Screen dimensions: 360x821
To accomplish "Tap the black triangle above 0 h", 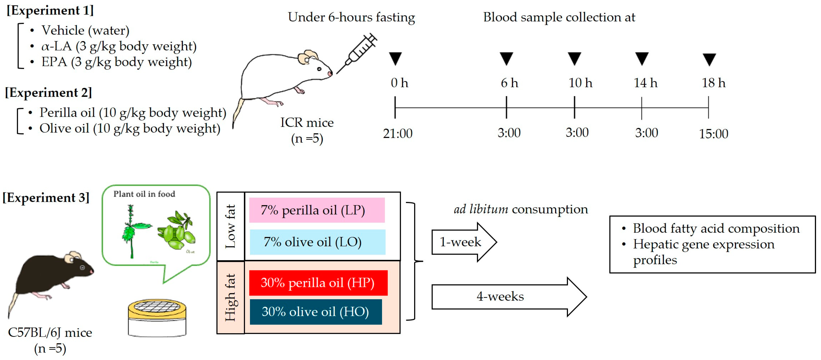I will pyautogui.click(x=395, y=58).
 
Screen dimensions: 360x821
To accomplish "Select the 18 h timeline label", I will pyautogui.click(x=713, y=83).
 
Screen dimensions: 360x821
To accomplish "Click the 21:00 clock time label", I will pyautogui.click(x=397, y=133).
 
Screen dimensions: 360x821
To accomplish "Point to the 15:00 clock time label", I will pyautogui.click(x=713, y=134).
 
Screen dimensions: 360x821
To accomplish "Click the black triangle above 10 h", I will pyautogui.click(x=574, y=58).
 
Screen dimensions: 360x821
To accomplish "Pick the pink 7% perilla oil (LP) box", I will pyautogui.click(x=317, y=210).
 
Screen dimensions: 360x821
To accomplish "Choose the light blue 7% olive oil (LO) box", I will pyautogui.click(x=318, y=242).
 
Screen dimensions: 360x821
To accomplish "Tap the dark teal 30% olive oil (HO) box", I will pyautogui.click(x=315, y=311).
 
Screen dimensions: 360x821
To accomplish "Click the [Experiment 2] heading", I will pyautogui.click(x=49, y=93).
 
